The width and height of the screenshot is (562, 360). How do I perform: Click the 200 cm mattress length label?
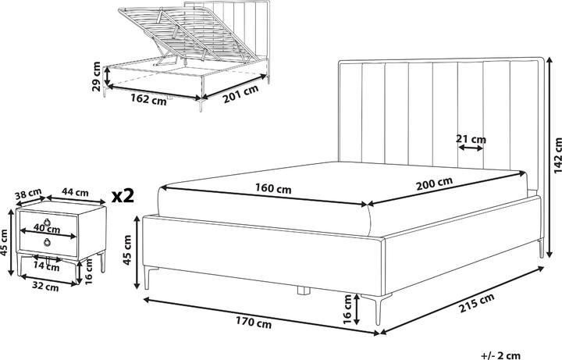pyautogui.click(x=434, y=184)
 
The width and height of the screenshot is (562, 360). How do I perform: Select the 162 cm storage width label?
pyautogui.click(x=148, y=99)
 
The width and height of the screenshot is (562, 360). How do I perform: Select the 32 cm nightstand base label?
pyautogui.click(x=44, y=287)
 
